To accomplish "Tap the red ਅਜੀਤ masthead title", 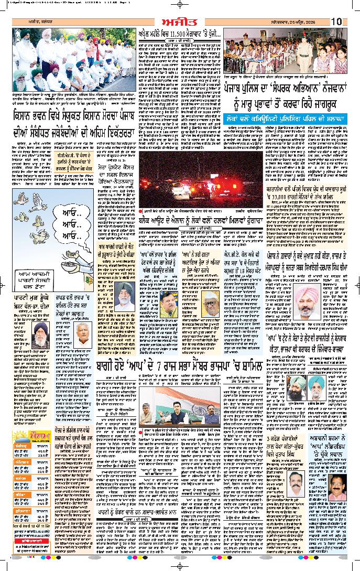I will (x=180, y=21).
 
